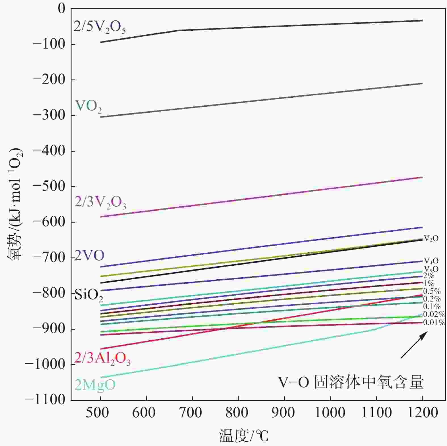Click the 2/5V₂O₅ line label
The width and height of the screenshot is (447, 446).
[100, 27]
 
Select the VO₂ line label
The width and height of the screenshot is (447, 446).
[88, 106]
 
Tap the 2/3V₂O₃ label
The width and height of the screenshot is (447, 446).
[100, 202]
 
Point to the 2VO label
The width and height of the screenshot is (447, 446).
[89, 256]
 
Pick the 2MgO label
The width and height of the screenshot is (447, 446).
[95, 385]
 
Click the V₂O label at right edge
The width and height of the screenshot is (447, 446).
[431, 238]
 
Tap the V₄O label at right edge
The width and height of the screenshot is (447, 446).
[431, 260]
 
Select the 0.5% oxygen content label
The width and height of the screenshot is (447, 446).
[432, 291]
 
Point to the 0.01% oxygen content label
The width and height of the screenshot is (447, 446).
[434, 323]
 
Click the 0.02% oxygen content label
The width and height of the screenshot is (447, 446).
[434, 314]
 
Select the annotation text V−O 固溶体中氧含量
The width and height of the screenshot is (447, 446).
[351, 382]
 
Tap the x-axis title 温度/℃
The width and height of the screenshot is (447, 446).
[244, 436]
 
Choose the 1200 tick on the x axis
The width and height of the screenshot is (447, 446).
[422, 412]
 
